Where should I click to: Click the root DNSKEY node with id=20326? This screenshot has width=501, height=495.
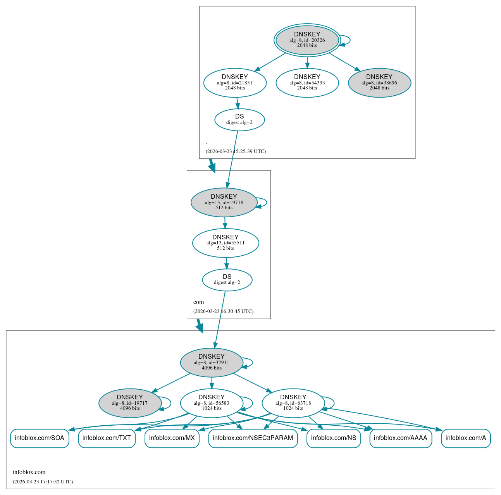pos(307,40)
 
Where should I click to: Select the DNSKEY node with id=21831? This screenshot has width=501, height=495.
pos(235,82)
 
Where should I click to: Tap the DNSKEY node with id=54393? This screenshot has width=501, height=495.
pos(307,82)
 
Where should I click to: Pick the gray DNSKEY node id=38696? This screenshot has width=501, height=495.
pos(379,82)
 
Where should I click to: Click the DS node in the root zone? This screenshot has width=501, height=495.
pos(239,120)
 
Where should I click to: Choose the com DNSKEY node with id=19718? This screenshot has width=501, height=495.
pos(224,202)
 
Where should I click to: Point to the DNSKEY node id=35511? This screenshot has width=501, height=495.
pos(226,243)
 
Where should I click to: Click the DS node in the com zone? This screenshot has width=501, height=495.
pos(227,280)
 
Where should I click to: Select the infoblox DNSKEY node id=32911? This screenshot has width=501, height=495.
pos(212,363)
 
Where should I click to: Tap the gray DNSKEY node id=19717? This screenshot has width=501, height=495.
pos(130,403)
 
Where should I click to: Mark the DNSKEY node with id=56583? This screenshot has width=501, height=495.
pos(212,403)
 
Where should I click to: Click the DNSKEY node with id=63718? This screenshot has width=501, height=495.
pos(293,403)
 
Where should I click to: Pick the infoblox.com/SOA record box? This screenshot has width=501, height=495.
pos(40,438)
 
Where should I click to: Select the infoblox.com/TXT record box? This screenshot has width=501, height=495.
pos(107,438)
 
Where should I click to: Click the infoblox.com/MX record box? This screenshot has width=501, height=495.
pos(172,438)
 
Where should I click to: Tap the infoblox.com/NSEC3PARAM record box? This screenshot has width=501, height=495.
pos(253,438)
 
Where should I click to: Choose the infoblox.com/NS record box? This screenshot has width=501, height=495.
pos(333,438)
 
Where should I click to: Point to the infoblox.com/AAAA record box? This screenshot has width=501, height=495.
pos(400,438)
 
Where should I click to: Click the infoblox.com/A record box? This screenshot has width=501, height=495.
pos(465,438)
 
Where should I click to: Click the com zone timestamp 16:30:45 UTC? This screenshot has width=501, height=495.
pos(224,311)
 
